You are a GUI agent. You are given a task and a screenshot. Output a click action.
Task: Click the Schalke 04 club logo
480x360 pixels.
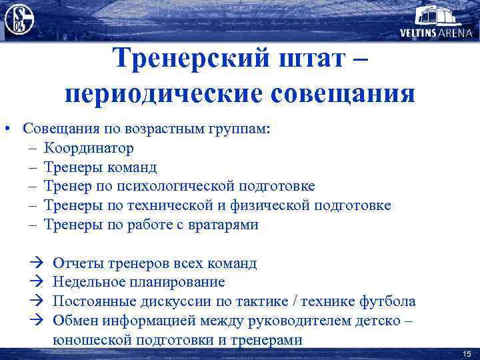coord(19,19)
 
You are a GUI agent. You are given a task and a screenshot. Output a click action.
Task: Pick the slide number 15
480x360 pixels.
coord(467,353)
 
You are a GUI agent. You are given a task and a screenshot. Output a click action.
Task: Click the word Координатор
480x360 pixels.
coord(89,147)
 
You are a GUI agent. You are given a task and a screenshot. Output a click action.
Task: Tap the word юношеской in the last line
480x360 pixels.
coord(89,340)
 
